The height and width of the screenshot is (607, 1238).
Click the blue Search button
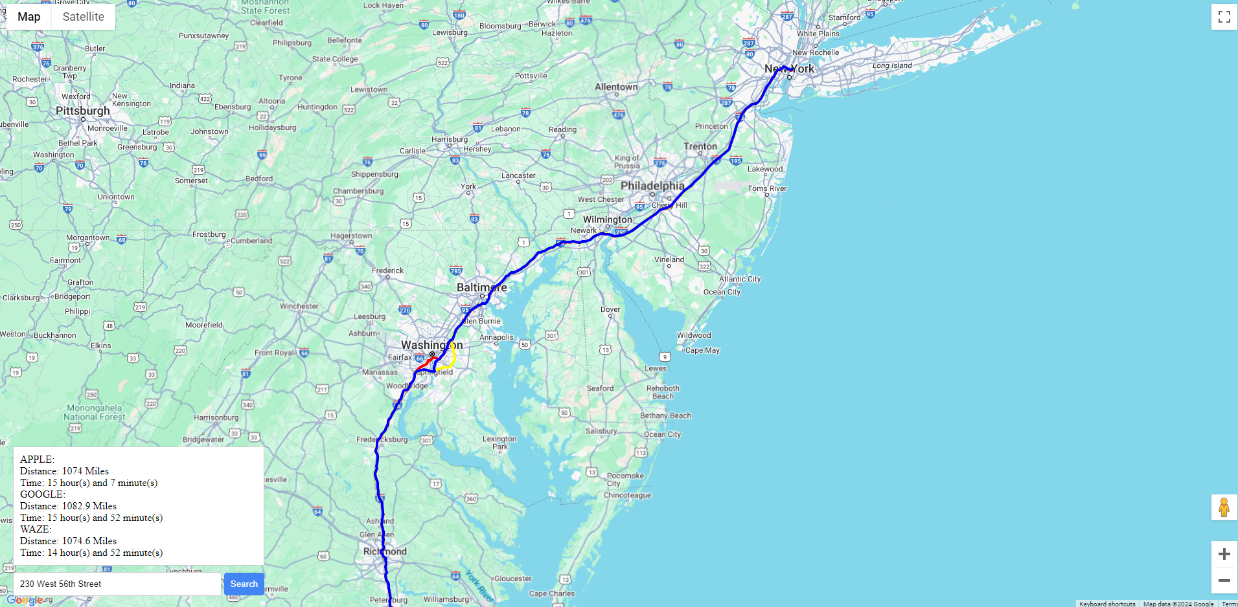[x=244, y=584]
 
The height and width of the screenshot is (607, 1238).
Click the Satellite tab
[x=83, y=17]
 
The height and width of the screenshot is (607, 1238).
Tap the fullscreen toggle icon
[x=1224, y=17]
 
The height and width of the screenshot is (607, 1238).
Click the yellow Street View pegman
[x=1224, y=507]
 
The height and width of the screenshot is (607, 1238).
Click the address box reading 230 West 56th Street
[x=117, y=584]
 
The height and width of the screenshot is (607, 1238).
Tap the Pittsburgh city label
[x=83, y=111]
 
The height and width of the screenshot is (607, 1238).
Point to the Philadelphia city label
[x=652, y=186]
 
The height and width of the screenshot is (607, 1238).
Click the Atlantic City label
[x=740, y=279]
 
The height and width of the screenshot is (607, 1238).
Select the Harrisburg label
[x=450, y=139]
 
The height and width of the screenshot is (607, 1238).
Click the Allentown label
[x=616, y=87]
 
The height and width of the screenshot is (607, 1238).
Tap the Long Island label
[x=892, y=65]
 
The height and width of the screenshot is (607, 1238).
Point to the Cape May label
[x=702, y=350]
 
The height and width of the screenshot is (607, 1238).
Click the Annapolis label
[x=496, y=337]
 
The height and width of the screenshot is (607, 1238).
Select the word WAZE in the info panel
[x=35, y=529]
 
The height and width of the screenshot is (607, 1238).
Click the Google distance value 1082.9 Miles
[x=89, y=506]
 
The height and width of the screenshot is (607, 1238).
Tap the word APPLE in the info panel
[x=36, y=459]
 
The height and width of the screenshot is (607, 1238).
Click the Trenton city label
[x=700, y=146]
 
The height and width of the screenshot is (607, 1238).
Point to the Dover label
[x=610, y=309]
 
